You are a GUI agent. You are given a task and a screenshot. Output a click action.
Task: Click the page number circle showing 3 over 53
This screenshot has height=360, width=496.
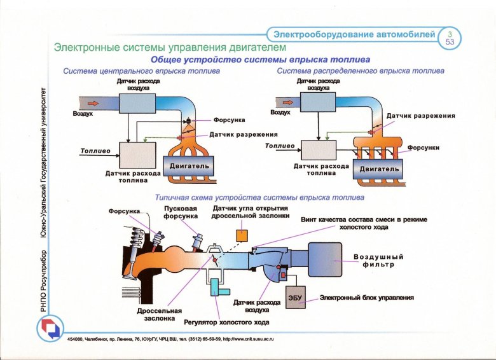(450, 37)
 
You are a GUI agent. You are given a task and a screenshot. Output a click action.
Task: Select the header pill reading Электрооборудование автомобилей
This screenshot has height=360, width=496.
(354, 33)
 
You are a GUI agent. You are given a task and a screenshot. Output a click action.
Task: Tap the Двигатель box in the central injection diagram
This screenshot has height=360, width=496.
(189, 166)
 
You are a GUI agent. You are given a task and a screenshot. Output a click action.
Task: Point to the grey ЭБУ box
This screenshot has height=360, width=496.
(294, 298)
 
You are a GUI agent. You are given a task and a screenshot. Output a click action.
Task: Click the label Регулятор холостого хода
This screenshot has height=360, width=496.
(218, 322)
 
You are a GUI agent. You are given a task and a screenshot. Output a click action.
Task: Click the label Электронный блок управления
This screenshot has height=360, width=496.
(367, 297)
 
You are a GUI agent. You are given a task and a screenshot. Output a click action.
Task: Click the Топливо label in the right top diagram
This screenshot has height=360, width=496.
(280, 146)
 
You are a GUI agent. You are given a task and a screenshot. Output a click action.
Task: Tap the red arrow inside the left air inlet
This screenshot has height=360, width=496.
(92, 102)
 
